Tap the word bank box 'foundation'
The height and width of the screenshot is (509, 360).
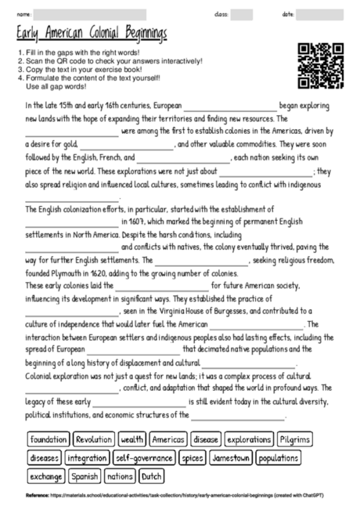[49, 439]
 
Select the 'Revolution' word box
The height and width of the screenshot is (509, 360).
[94, 439]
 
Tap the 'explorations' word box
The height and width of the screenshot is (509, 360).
[250, 439]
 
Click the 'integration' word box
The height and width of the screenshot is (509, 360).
[87, 457]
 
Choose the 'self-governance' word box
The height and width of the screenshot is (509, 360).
[143, 457]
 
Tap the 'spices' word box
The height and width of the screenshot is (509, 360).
[192, 457]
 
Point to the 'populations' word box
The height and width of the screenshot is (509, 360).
[278, 457]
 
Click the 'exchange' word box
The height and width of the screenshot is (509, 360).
[45, 475]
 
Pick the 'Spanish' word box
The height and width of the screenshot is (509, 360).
[85, 475]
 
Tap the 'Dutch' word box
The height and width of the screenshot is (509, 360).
[152, 475]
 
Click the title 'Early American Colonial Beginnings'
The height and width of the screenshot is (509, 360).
[94, 34]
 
